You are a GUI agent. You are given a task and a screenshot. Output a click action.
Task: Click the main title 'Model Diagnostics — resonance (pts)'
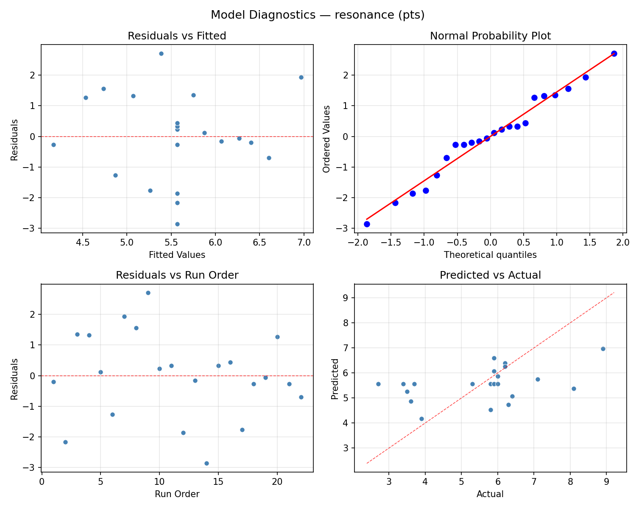[318, 15]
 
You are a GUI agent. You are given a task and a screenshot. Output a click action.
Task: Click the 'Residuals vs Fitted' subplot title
[177, 36]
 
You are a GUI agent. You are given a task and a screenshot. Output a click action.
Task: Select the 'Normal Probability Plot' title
[490, 36]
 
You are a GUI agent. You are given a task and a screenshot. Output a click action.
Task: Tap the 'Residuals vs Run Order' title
[177, 275]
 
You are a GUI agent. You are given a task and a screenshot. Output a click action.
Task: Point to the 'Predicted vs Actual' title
[490, 275]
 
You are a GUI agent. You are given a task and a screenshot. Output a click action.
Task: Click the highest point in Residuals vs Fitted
[161, 53]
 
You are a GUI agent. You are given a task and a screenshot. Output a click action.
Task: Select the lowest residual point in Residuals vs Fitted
[177, 224]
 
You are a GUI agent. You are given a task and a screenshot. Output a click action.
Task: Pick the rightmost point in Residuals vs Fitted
[301, 77]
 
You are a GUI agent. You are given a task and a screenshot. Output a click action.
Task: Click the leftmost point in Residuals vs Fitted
[53, 145]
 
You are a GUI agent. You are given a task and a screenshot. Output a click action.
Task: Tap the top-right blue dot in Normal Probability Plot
[614, 53]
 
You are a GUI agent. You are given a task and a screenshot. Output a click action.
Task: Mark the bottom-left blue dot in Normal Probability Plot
[367, 224]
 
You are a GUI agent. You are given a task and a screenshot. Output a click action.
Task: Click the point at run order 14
[206, 463]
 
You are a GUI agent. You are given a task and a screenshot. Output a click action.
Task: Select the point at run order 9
[148, 293]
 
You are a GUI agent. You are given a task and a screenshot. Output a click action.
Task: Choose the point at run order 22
[301, 397]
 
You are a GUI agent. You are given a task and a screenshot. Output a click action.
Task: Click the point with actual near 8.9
[603, 349]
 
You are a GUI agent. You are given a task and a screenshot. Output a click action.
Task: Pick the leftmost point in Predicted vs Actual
[378, 384]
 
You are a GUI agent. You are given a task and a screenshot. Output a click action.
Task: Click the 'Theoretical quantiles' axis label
[490, 255]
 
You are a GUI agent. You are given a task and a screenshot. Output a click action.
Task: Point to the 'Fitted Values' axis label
[177, 255]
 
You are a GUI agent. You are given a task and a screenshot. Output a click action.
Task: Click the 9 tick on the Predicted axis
[346, 298]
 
